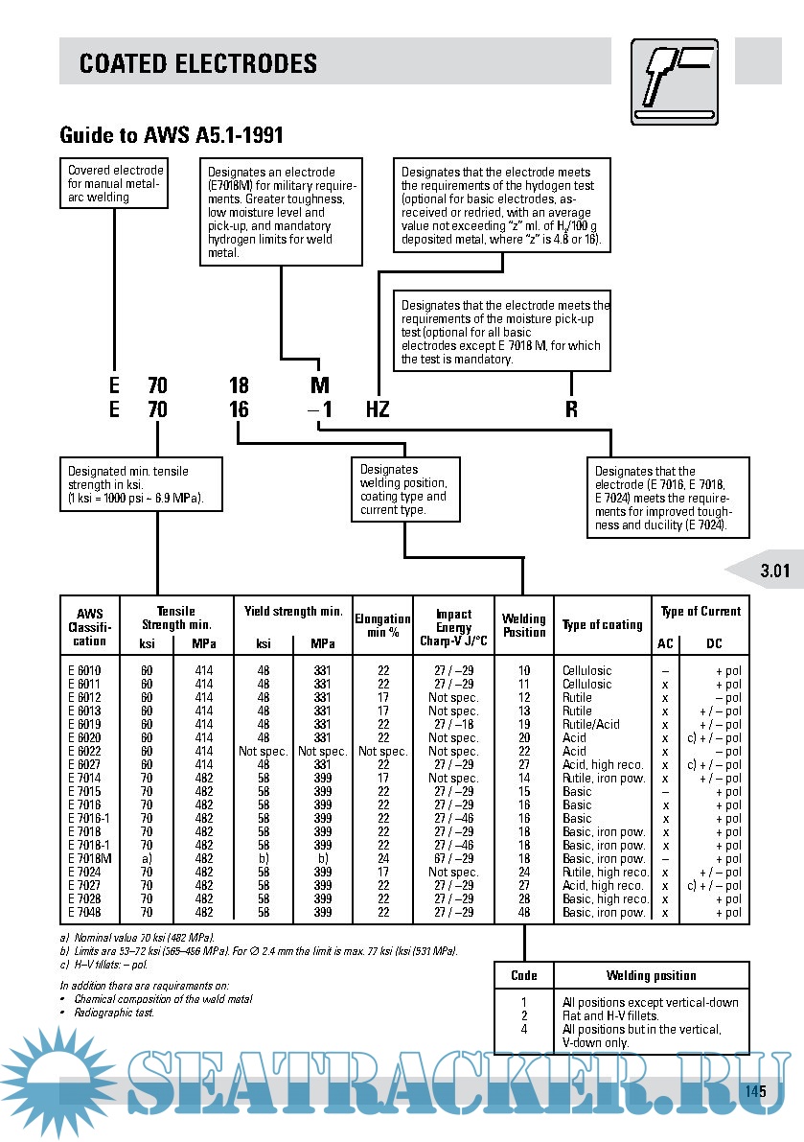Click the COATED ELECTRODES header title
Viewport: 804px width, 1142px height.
[197, 64]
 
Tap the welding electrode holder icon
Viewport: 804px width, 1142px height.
[675, 82]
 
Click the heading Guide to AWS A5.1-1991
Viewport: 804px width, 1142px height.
[171, 135]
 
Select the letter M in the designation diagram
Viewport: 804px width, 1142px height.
[320, 385]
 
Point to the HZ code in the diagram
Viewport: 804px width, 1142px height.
[378, 409]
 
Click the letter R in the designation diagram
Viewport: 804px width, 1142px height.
[571, 409]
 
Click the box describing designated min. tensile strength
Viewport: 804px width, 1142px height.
[142, 486]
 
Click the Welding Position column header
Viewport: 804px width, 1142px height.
[523, 625]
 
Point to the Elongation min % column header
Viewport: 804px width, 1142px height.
[382, 625]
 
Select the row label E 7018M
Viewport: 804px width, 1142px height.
[90, 858]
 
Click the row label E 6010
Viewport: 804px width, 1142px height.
[84, 670]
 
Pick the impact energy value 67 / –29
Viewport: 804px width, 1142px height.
[453, 858]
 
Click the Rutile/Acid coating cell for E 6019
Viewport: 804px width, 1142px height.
[591, 724]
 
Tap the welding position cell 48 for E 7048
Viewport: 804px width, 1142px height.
[524, 912]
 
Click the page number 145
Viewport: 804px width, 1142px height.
[755, 1091]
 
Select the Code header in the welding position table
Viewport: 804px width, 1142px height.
[524, 975]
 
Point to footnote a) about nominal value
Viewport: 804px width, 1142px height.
[137, 937]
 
